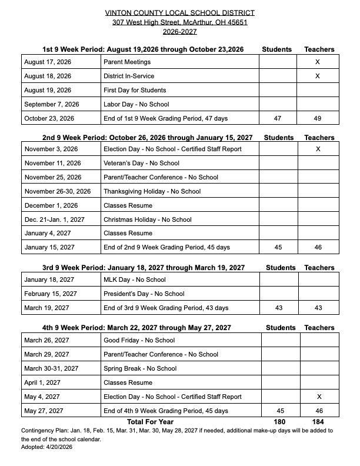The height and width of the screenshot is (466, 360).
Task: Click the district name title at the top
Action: pos(180,12)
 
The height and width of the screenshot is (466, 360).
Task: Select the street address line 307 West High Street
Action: pos(180,22)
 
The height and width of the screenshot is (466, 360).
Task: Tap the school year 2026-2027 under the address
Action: pos(180,32)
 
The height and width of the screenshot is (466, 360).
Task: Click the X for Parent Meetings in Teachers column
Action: pos(318,62)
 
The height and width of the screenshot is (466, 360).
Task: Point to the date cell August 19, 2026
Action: pos(48,90)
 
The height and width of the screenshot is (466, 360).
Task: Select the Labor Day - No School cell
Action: pos(136,104)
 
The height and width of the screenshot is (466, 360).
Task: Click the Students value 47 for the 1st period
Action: pos(278,118)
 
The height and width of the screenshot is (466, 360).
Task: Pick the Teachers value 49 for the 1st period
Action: pos(318,118)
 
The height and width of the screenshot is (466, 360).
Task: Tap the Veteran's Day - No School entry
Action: pos(141,163)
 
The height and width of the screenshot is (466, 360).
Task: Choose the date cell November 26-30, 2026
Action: pos(58,191)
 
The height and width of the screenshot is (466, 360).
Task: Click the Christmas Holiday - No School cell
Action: pos(147,219)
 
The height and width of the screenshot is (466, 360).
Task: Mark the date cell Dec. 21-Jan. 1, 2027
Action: pos(54,219)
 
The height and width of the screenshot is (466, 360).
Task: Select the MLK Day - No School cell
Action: pos(134,279)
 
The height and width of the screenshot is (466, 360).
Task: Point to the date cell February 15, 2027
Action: pos(50,294)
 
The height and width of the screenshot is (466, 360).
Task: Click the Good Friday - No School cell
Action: pos(139,340)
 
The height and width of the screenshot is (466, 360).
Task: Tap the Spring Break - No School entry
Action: pos(140,368)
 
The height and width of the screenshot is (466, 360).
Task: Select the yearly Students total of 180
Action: pos(279,421)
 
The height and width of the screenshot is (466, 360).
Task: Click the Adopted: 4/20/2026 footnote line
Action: pos(46,447)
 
